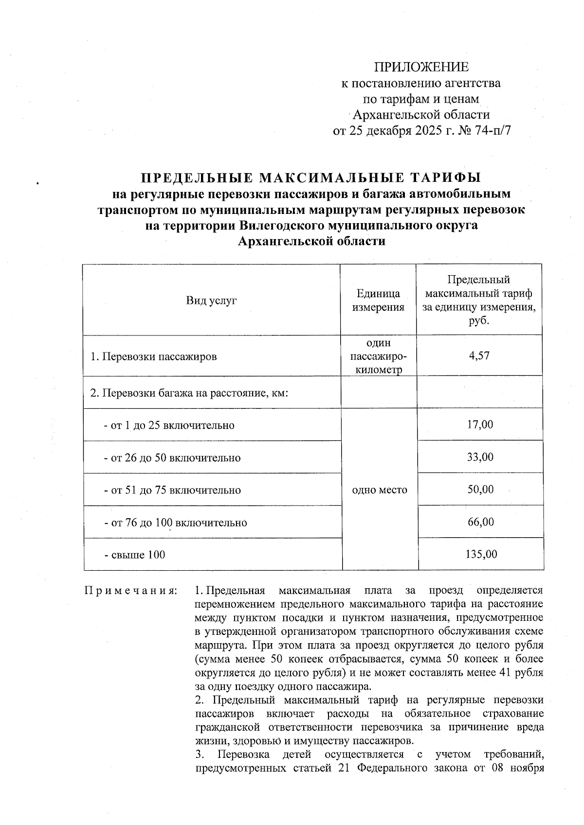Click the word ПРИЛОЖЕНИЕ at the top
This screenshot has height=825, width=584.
tap(421, 67)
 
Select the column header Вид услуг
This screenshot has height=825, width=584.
tap(211, 300)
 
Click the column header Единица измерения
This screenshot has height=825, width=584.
tap(378, 300)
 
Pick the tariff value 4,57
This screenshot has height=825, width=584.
tap(479, 356)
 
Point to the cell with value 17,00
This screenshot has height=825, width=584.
tap(480, 424)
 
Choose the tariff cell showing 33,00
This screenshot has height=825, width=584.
tap(480, 457)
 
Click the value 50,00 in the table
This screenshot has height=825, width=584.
tap(480, 489)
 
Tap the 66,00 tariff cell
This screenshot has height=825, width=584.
tap(480, 522)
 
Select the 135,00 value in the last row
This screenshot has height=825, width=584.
tap(480, 554)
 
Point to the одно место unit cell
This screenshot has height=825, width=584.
tap(379, 490)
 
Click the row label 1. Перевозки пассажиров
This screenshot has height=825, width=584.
tap(154, 357)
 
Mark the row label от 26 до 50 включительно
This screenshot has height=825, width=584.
tap(172, 458)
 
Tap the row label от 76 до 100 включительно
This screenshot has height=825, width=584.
tap(175, 523)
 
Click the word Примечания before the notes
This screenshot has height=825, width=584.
tap(130, 591)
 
